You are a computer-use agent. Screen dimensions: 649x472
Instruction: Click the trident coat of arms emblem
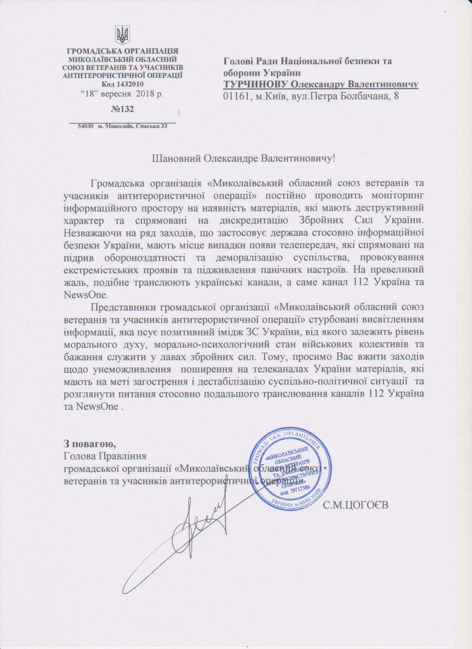[x=121, y=35]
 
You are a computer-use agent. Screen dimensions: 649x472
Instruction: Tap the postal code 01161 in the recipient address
[x=235, y=96]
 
